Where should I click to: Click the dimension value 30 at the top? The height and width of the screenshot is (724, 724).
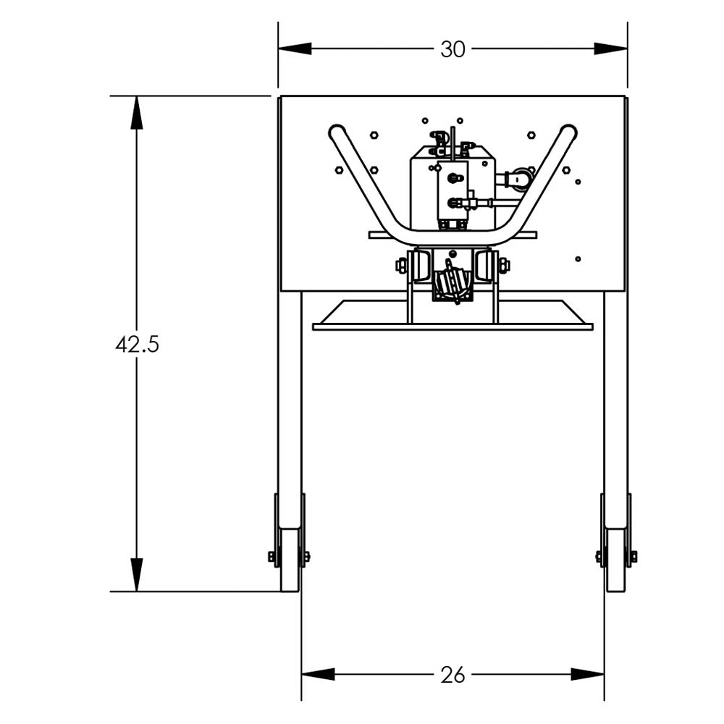452,49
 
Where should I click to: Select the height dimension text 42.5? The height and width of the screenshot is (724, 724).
137,345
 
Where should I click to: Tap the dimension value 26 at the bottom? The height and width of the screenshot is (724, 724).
452,675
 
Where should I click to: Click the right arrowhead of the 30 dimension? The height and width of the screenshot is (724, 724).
611,49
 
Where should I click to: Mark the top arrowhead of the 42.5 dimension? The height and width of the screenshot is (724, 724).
137,112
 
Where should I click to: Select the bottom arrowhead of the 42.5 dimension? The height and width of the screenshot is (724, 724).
137,575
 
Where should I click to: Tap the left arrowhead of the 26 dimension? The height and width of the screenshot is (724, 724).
318,674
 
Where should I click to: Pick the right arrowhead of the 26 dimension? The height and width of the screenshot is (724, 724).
588,674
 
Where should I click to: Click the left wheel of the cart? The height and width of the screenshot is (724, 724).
290,559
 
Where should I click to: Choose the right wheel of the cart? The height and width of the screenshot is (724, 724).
616,559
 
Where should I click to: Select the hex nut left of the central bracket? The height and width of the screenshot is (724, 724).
401,266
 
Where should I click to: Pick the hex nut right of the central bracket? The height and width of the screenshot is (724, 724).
504,266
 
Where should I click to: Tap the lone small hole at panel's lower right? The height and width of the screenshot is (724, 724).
578,258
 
